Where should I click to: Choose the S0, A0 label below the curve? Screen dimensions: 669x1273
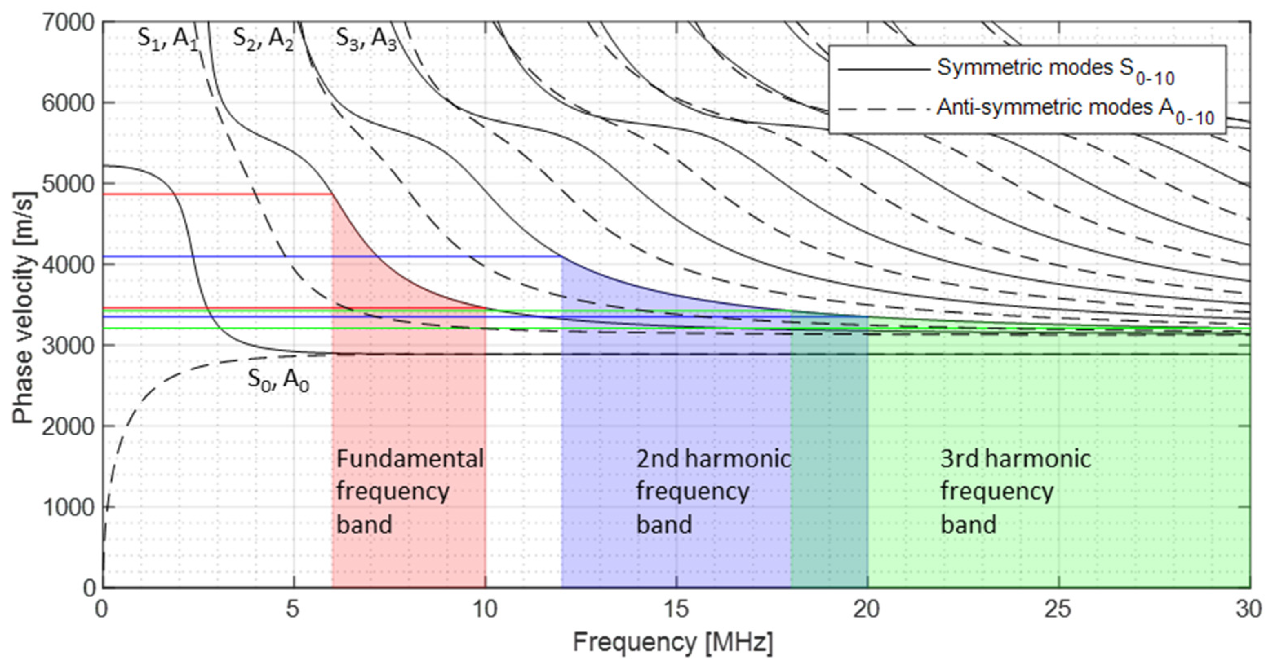point(278,380)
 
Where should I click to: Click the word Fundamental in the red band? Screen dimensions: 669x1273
point(410,459)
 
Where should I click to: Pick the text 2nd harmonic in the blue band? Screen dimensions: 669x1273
point(713,459)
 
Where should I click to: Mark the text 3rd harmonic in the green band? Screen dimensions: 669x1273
point(1015,459)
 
